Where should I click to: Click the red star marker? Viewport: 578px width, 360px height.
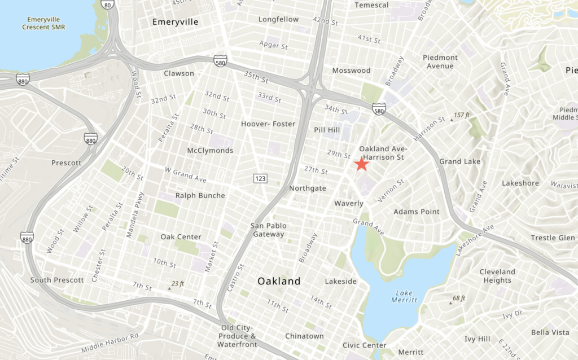click(x=361, y=164)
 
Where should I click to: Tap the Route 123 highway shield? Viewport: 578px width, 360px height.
click(x=260, y=178)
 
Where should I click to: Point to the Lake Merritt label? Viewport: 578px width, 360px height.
click(x=404, y=296)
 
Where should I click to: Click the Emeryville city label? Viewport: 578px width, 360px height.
click(x=176, y=22)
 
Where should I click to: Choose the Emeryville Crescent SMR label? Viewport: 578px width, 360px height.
click(x=43, y=23)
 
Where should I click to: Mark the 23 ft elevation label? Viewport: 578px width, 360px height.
click(x=177, y=284)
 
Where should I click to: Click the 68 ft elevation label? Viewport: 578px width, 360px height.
click(x=459, y=298)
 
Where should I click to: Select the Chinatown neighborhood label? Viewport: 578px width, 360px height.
click(x=305, y=336)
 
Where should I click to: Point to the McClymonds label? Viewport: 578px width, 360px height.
click(x=210, y=151)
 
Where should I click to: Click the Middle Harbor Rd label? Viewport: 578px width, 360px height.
click(x=110, y=343)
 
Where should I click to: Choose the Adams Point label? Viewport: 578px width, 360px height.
click(x=417, y=212)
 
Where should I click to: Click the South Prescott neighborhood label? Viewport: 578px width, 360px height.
click(x=57, y=280)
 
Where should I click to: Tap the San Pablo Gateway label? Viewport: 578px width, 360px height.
click(x=269, y=230)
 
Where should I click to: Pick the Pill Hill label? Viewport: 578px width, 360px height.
click(x=327, y=130)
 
